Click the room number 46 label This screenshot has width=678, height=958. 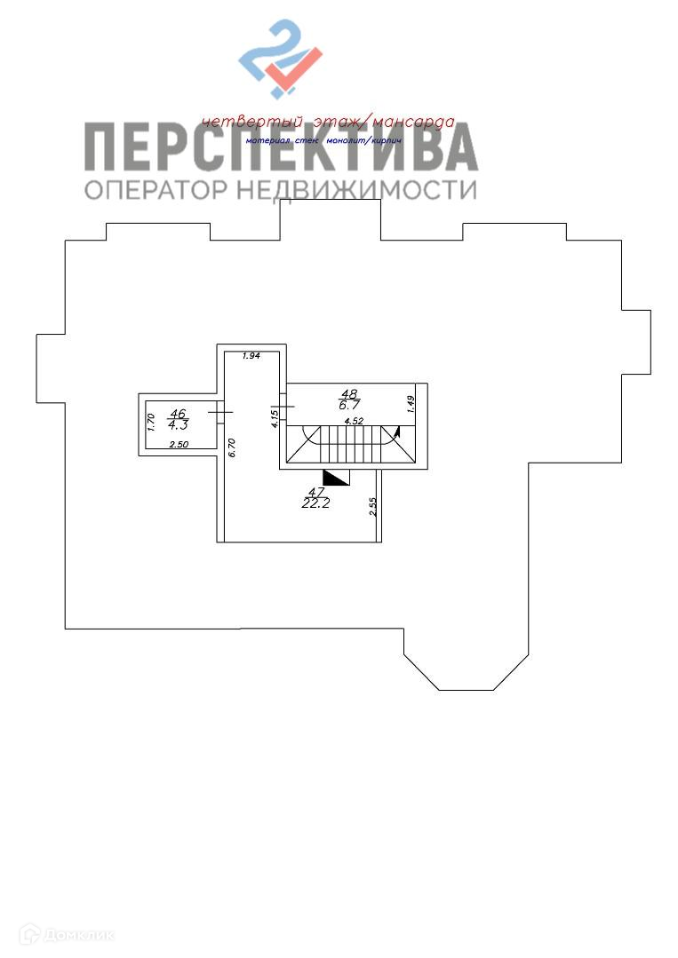tap(178, 413)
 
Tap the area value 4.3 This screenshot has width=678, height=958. tap(178, 424)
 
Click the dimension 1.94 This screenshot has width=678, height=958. tap(251, 356)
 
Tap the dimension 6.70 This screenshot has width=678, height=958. tap(231, 447)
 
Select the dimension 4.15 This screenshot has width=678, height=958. tap(275, 417)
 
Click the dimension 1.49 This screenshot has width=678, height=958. tap(411, 403)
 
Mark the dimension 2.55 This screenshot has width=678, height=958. tap(374, 506)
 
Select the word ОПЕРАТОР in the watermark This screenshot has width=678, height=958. tap(156, 189)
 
